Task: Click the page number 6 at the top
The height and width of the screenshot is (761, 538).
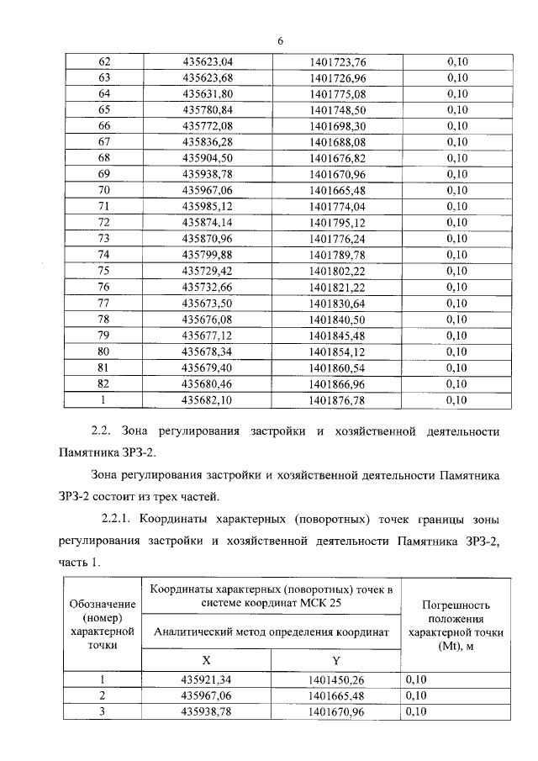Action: pos(281,40)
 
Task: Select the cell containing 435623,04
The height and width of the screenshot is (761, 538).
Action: pos(207,61)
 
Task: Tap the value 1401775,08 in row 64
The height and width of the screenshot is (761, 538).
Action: pos(338,93)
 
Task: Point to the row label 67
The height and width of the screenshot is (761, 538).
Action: pos(104,141)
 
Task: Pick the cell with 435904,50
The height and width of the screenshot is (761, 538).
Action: pos(207,157)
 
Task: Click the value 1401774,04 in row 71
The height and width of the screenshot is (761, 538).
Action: pos(338,206)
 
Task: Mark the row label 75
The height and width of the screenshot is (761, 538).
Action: pos(104,271)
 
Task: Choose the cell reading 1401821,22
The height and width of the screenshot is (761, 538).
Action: pos(338,287)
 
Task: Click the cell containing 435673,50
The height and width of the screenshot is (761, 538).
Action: pos(207,303)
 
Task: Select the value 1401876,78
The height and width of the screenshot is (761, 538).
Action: pos(338,400)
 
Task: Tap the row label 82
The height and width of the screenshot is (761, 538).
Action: pos(104,383)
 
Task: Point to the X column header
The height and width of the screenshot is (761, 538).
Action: pos(207,660)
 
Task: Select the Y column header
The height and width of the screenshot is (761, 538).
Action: pos(335,660)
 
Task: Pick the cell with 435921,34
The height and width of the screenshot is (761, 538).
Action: pos(207,679)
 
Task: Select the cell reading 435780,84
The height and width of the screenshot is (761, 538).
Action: pos(207,109)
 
